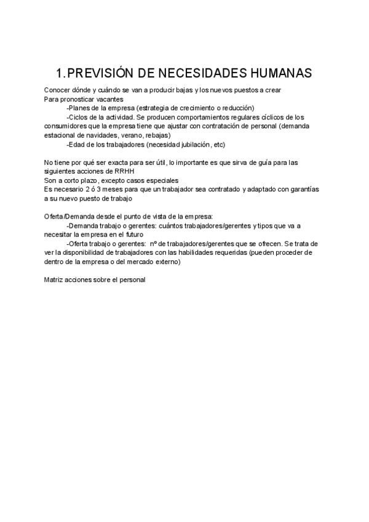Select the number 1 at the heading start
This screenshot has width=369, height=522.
(59, 73)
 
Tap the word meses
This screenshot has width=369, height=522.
(111, 189)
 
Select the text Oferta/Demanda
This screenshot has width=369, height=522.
(68, 217)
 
